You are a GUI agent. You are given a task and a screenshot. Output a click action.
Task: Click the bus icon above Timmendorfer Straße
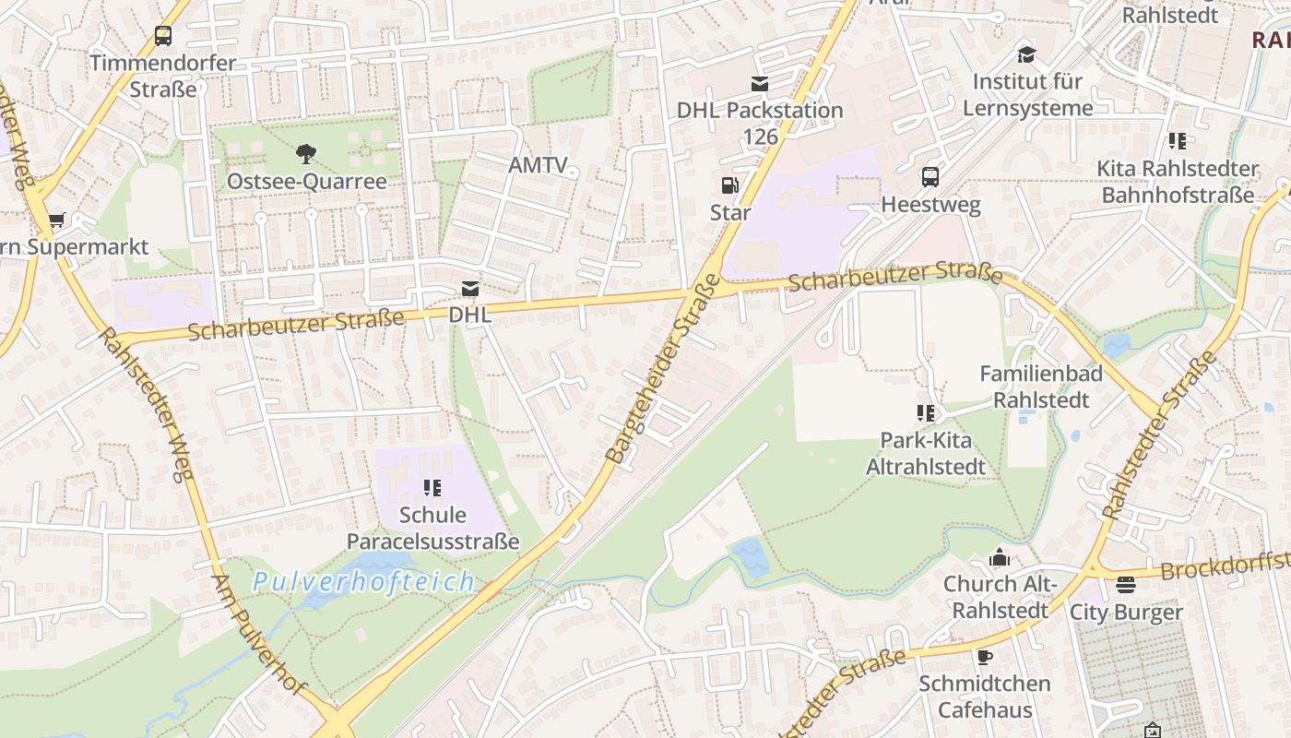(163, 36)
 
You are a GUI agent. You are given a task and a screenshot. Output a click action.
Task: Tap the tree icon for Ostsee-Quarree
(306, 153)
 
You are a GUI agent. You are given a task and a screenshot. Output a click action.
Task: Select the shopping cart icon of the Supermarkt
(57, 220)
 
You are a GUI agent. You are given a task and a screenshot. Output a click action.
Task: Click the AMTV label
(538, 165)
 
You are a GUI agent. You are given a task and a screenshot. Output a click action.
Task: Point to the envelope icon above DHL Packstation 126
(760, 84)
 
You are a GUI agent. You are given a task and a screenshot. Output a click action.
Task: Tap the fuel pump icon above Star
(729, 185)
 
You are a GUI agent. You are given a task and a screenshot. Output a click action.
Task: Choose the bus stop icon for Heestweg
(930, 176)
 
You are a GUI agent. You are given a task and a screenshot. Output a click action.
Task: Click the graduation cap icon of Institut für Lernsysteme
(1026, 54)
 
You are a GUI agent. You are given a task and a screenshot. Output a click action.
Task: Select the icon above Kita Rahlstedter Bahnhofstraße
(1178, 141)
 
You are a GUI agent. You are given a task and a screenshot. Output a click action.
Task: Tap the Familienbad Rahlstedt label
(1040, 387)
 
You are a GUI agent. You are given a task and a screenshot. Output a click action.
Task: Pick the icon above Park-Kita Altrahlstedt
(926, 412)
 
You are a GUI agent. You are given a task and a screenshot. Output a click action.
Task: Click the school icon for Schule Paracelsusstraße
(432, 487)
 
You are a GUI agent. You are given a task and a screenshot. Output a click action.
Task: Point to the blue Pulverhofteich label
(363, 582)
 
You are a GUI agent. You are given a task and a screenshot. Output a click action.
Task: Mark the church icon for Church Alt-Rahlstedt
(1000, 557)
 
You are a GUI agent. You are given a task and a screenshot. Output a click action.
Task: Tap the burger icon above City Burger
(1125, 585)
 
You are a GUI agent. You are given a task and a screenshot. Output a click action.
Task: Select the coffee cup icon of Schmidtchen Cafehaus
(985, 657)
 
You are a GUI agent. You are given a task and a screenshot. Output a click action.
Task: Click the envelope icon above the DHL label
(470, 289)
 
